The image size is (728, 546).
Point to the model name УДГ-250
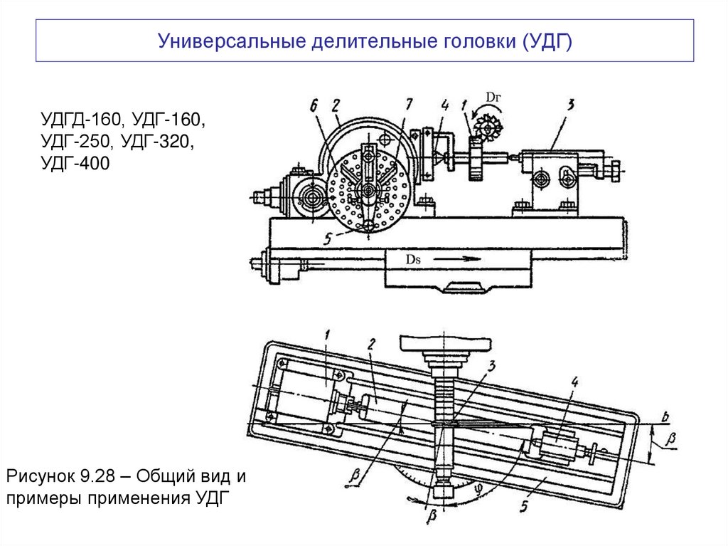point(76,141)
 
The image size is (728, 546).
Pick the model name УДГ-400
point(76,164)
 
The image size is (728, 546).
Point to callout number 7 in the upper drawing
point(408,104)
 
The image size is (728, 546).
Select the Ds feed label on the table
point(414,260)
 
